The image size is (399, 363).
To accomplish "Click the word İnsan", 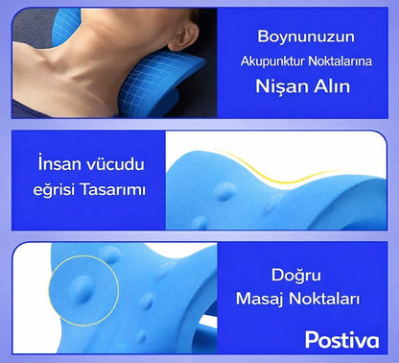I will [59, 162].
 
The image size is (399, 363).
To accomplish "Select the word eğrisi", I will [63, 190].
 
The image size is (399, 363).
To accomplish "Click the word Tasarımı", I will [117, 189].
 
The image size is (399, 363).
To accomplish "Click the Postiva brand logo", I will [341, 338].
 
